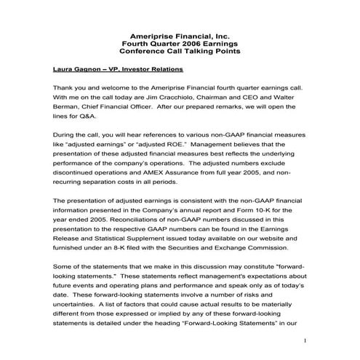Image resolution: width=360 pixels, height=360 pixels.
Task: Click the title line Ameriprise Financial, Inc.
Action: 179,36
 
